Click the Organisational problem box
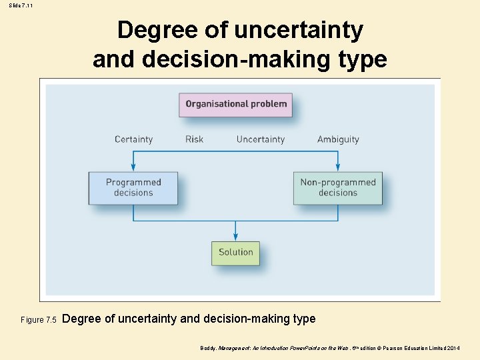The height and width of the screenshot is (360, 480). click(x=236, y=104)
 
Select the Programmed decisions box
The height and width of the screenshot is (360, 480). click(x=133, y=187)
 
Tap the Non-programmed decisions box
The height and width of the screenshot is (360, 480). click(x=338, y=187)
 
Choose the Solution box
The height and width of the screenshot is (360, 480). click(x=236, y=252)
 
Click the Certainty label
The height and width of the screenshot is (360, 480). click(x=133, y=139)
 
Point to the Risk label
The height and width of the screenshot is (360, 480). click(x=194, y=139)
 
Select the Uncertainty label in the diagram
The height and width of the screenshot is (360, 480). click(x=260, y=139)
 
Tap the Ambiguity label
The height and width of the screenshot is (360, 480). click(x=338, y=139)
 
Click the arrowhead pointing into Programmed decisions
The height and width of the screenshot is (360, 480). click(x=133, y=168)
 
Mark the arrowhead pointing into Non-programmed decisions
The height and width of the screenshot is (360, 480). click(x=338, y=168)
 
